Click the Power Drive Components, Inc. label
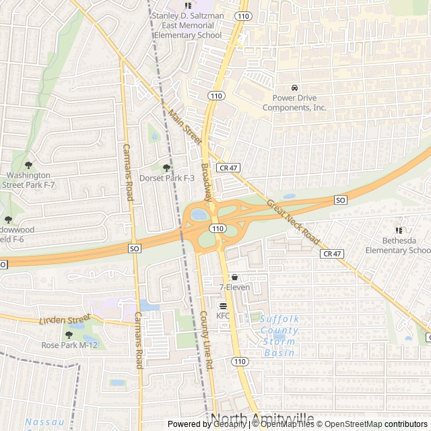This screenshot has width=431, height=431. (294, 102)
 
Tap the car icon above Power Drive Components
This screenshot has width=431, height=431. (294, 88)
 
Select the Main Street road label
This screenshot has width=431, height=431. (185, 127)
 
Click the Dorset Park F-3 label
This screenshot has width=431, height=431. (166, 178)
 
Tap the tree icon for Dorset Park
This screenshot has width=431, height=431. (166, 168)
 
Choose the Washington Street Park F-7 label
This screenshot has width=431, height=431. (28, 179)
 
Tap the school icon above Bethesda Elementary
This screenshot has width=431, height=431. (399, 221)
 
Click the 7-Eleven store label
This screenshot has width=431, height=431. (234, 288)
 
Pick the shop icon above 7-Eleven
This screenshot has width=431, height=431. (234, 277)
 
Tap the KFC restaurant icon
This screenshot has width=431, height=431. (223, 305)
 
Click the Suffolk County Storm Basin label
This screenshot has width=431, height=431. (279, 335)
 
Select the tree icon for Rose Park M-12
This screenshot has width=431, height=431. (69, 335)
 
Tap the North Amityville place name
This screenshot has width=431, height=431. (263, 419)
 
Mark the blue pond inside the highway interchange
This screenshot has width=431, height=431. (199, 215)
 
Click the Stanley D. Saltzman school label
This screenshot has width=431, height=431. (188, 25)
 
